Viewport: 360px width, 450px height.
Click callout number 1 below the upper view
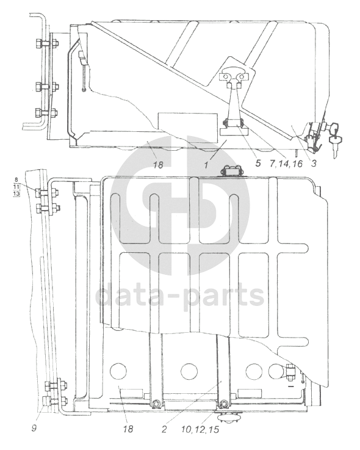tap(206, 165)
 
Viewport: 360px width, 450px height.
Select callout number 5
tap(258, 163)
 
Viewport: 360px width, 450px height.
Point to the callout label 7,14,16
tap(286, 164)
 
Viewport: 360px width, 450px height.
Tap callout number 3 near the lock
tap(314, 163)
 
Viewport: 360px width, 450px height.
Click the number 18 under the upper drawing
tap(158, 165)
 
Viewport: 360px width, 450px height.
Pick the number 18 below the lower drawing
tap(128, 429)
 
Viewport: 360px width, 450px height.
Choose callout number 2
tap(164, 429)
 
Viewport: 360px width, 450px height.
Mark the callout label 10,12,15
tap(200, 430)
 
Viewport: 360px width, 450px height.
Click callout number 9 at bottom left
tap(34, 429)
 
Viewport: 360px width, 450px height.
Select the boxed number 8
tap(16, 180)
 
